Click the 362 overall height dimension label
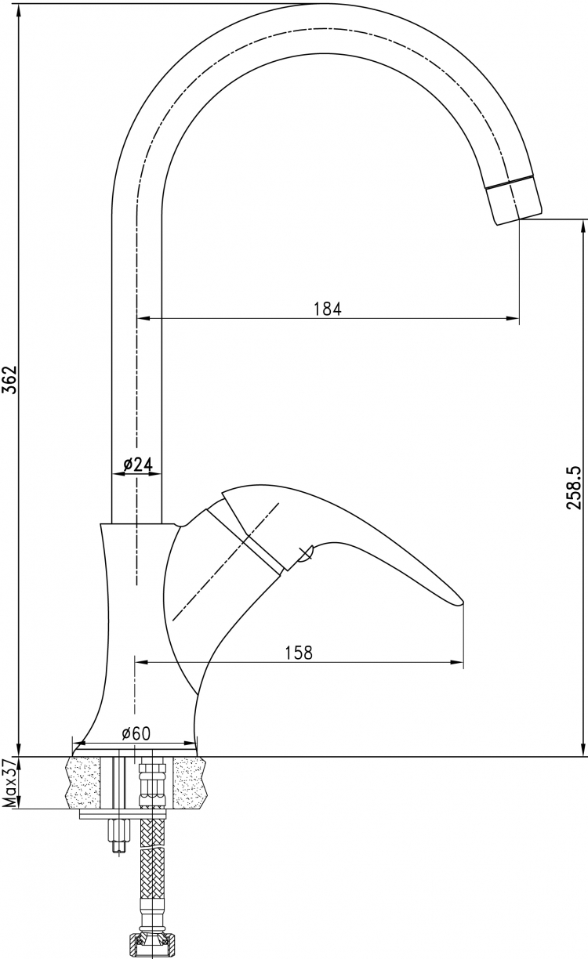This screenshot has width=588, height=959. [9, 380]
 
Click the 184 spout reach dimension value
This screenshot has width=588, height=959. [328, 309]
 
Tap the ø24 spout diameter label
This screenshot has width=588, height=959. [138, 464]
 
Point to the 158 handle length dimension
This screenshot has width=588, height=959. [299, 653]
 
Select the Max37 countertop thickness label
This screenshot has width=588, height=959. [9, 782]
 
